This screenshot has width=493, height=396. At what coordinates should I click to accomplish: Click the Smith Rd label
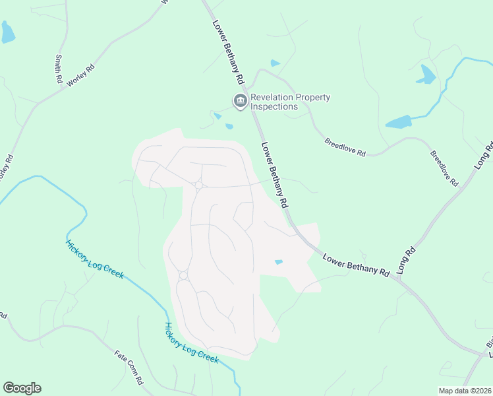point(59,69)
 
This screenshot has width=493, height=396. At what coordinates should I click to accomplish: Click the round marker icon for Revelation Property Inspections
point(240,101)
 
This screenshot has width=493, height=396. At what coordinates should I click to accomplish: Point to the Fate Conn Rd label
point(129,369)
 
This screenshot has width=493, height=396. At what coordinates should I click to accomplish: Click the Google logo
point(22,388)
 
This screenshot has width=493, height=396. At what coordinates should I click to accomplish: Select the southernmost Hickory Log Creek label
point(191,342)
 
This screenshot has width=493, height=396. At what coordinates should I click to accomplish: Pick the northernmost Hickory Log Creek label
point(94,259)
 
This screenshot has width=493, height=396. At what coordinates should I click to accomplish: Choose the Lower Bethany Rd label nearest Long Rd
point(357,263)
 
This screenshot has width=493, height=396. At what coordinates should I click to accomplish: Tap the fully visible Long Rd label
point(407,260)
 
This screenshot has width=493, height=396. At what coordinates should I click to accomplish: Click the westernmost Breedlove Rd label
point(345,147)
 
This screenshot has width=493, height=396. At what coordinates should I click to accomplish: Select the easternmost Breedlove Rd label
point(444,168)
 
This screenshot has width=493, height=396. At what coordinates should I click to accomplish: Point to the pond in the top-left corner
point(7,32)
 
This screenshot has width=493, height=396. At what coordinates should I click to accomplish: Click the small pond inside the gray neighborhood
point(279,262)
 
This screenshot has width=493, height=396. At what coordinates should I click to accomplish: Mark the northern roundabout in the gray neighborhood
point(198,185)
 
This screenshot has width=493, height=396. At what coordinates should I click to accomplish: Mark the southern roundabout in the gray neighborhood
point(183,275)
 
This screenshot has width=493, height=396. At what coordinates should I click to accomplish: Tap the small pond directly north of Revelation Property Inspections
point(275,63)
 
